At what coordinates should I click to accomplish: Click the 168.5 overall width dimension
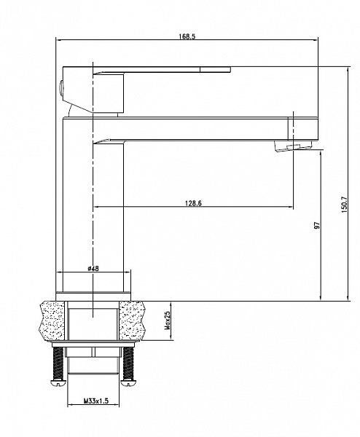(x=187, y=36)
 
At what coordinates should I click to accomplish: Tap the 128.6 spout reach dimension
(x=193, y=203)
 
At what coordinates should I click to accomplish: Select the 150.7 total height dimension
(x=344, y=205)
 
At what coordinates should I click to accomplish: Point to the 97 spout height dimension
(x=317, y=225)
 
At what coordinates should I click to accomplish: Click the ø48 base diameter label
(x=93, y=268)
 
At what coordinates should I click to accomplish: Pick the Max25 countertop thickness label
(x=168, y=320)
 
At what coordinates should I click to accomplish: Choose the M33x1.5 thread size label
(x=96, y=401)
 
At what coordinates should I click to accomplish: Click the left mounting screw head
(x=58, y=383)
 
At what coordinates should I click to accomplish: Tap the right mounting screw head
(x=128, y=383)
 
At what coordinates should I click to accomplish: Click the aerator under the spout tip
(x=293, y=146)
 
